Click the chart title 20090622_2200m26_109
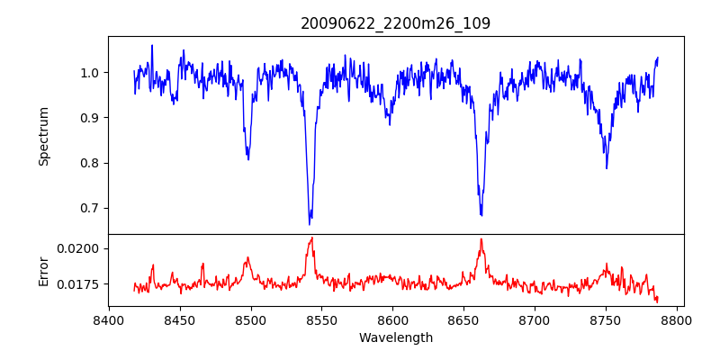[395, 23]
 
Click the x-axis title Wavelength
[395, 337]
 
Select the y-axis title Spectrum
[43, 136]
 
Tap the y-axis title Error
[43, 270]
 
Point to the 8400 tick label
[109, 319]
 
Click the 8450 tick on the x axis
[180, 319]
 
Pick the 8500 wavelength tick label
[250, 319]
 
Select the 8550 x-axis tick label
[321, 319]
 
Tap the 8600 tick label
[392, 319]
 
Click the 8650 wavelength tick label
[463, 319]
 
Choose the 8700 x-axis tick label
[535, 319]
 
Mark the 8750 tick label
[606, 319]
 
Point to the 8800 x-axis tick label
[677, 319]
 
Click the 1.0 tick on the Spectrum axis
[90, 73]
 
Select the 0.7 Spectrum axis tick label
[90, 208]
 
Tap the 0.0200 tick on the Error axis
[82, 248]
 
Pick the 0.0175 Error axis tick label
[82, 284]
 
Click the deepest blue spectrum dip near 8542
[310, 223]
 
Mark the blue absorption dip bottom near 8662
[481, 215]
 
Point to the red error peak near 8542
[311, 238]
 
